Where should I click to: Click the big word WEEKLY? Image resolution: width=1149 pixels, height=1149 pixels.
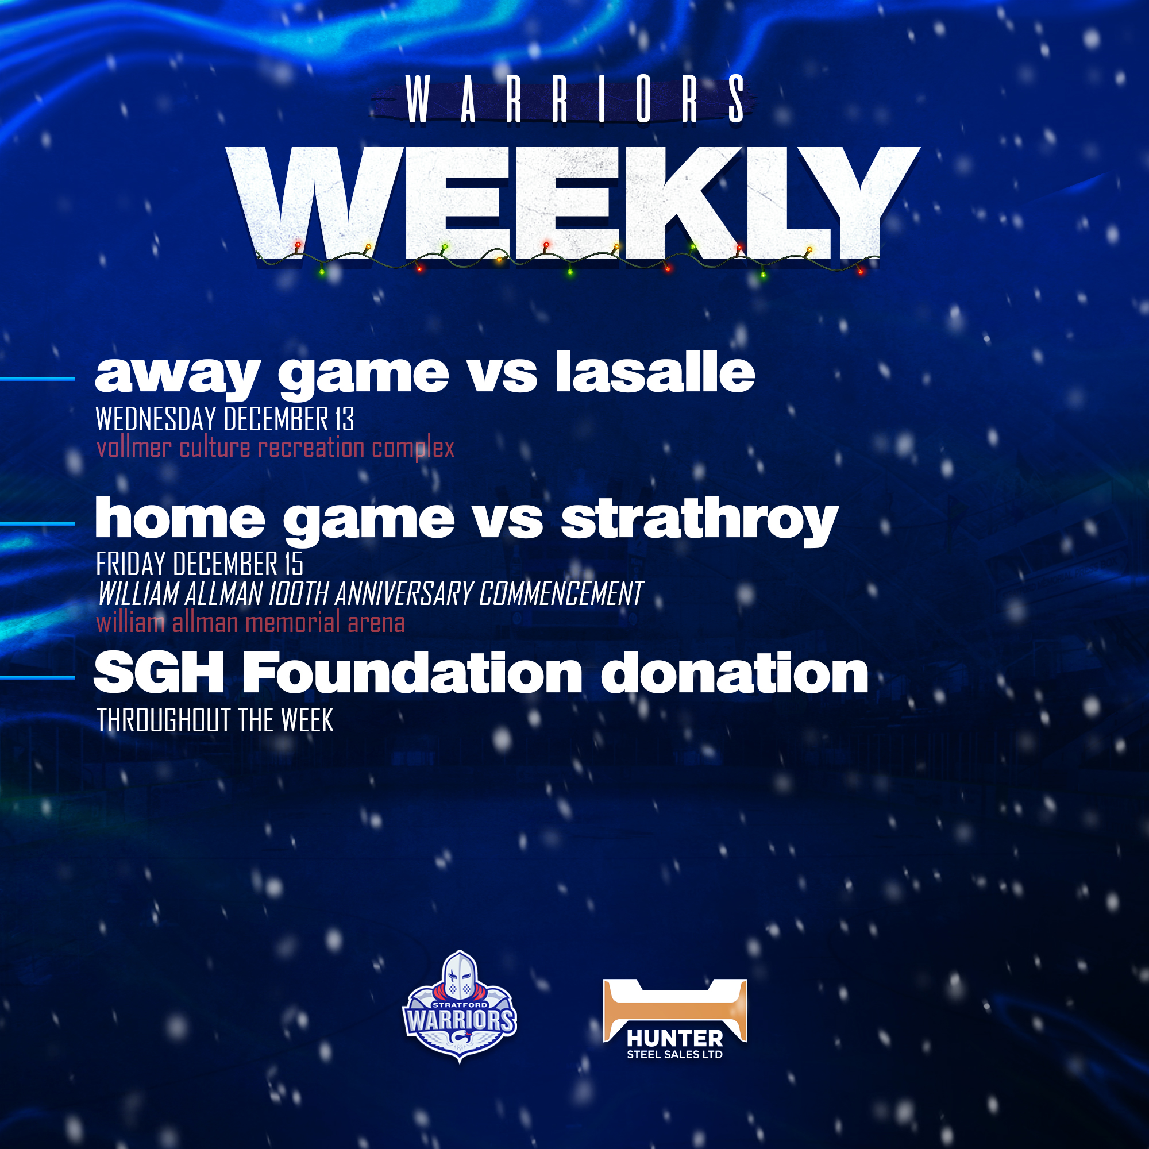tap(574, 205)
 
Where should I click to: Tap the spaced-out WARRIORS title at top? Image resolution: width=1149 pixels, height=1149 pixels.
tap(574, 100)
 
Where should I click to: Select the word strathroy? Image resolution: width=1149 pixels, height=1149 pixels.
tap(700, 520)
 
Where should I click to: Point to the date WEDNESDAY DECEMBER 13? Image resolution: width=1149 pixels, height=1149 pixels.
tap(225, 419)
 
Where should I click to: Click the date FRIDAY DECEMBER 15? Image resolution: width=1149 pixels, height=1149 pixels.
tap(200, 564)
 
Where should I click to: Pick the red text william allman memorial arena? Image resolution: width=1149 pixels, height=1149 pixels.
tap(250, 623)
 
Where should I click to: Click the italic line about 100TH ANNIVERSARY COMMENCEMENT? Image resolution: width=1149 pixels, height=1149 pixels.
tap(371, 593)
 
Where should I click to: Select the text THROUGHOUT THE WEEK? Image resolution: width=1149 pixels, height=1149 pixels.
tap(215, 720)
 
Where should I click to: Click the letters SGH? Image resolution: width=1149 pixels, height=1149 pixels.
tap(159, 673)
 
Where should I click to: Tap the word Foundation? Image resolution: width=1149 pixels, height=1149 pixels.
tap(412, 673)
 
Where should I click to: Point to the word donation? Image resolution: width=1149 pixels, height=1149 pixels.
tap(734, 673)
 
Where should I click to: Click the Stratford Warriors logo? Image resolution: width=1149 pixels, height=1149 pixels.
tap(460, 1007)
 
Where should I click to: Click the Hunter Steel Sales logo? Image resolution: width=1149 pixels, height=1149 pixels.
tap(675, 1020)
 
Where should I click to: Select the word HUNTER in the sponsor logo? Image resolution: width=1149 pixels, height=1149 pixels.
tap(675, 1038)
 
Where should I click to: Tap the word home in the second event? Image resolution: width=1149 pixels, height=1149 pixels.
tap(180, 518)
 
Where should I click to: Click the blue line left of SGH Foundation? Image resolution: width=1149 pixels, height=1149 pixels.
tap(37, 677)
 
